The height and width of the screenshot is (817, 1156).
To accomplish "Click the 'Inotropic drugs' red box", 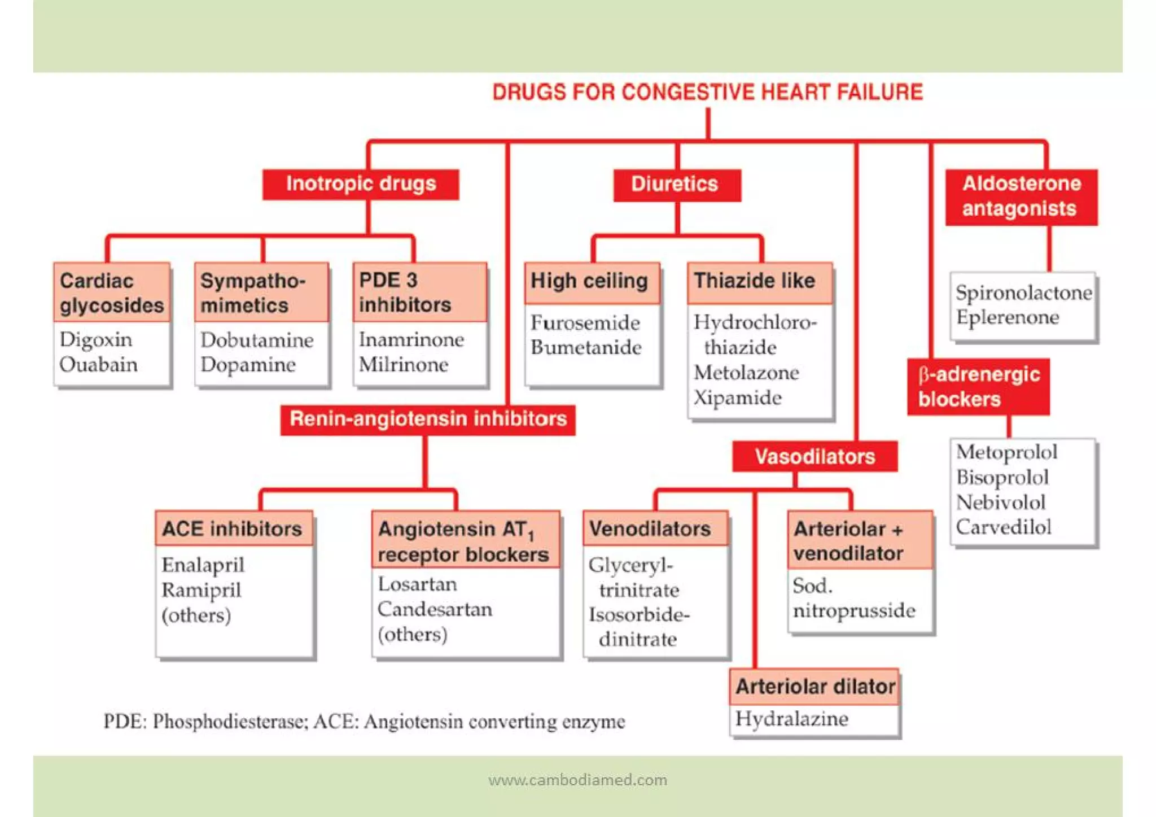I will point(361,184).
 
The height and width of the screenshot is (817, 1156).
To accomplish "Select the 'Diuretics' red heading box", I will point(676,185).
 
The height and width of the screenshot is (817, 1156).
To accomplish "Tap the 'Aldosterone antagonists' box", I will point(1021,196).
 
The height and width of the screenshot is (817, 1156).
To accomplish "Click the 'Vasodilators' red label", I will point(815,456).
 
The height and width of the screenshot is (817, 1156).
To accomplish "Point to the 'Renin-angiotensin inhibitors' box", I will point(428,420).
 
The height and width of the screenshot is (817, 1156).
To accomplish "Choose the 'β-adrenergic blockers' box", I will point(978,387).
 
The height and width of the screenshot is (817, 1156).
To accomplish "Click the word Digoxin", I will point(96,340).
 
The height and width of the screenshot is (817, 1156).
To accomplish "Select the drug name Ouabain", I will point(98,365).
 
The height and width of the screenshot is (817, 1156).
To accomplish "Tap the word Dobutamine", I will point(257,340).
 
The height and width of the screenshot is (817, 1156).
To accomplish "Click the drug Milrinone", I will point(404,365).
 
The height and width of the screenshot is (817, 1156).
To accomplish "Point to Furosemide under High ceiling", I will point(585,323).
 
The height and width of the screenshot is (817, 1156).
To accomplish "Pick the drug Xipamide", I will point(737,397).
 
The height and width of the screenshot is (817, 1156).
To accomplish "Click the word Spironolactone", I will point(1023,292).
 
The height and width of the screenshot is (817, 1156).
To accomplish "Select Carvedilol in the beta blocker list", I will point(1003,527).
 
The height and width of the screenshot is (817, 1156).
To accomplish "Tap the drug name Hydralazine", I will point(791,719).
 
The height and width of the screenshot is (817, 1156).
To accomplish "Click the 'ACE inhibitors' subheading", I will point(232,529).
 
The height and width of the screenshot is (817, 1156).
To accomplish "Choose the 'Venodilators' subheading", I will point(650,529).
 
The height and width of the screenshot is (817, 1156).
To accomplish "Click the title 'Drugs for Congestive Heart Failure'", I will point(707,92).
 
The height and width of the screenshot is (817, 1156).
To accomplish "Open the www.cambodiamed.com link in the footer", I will point(577,780).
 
